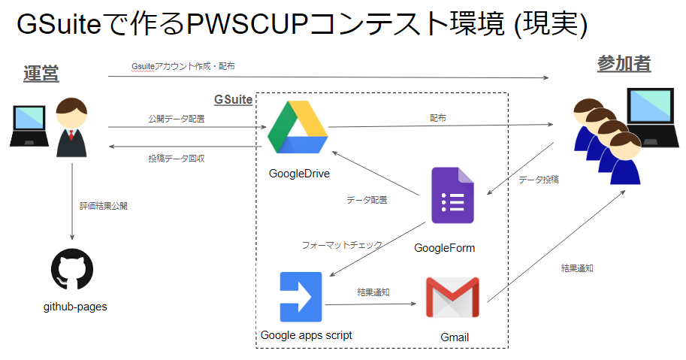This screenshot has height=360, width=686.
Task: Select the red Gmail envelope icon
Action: pyautogui.click(x=452, y=298)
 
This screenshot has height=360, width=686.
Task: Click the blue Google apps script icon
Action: pyautogui.click(x=301, y=294)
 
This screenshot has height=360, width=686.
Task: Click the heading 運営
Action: pyautogui.click(x=41, y=74)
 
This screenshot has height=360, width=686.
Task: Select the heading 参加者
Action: pyautogui.click(x=624, y=65)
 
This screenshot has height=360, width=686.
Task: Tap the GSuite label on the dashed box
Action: pyautogui.click(x=233, y=99)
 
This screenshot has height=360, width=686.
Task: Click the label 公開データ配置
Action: pyautogui.click(x=177, y=119)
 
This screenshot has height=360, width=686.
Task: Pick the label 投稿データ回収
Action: pyautogui.click(x=177, y=159)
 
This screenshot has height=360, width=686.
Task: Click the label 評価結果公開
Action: pyautogui.click(x=103, y=205)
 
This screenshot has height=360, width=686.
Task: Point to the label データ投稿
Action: pyautogui.click(x=538, y=180)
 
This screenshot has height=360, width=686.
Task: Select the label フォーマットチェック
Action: pyautogui.click(x=342, y=245)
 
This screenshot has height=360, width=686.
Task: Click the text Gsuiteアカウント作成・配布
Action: pyautogui.click(x=183, y=66)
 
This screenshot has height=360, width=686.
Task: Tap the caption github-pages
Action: pyautogui.click(x=75, y=307)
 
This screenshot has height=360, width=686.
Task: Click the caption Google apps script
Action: pyautogui.click(x=306, y=335)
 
